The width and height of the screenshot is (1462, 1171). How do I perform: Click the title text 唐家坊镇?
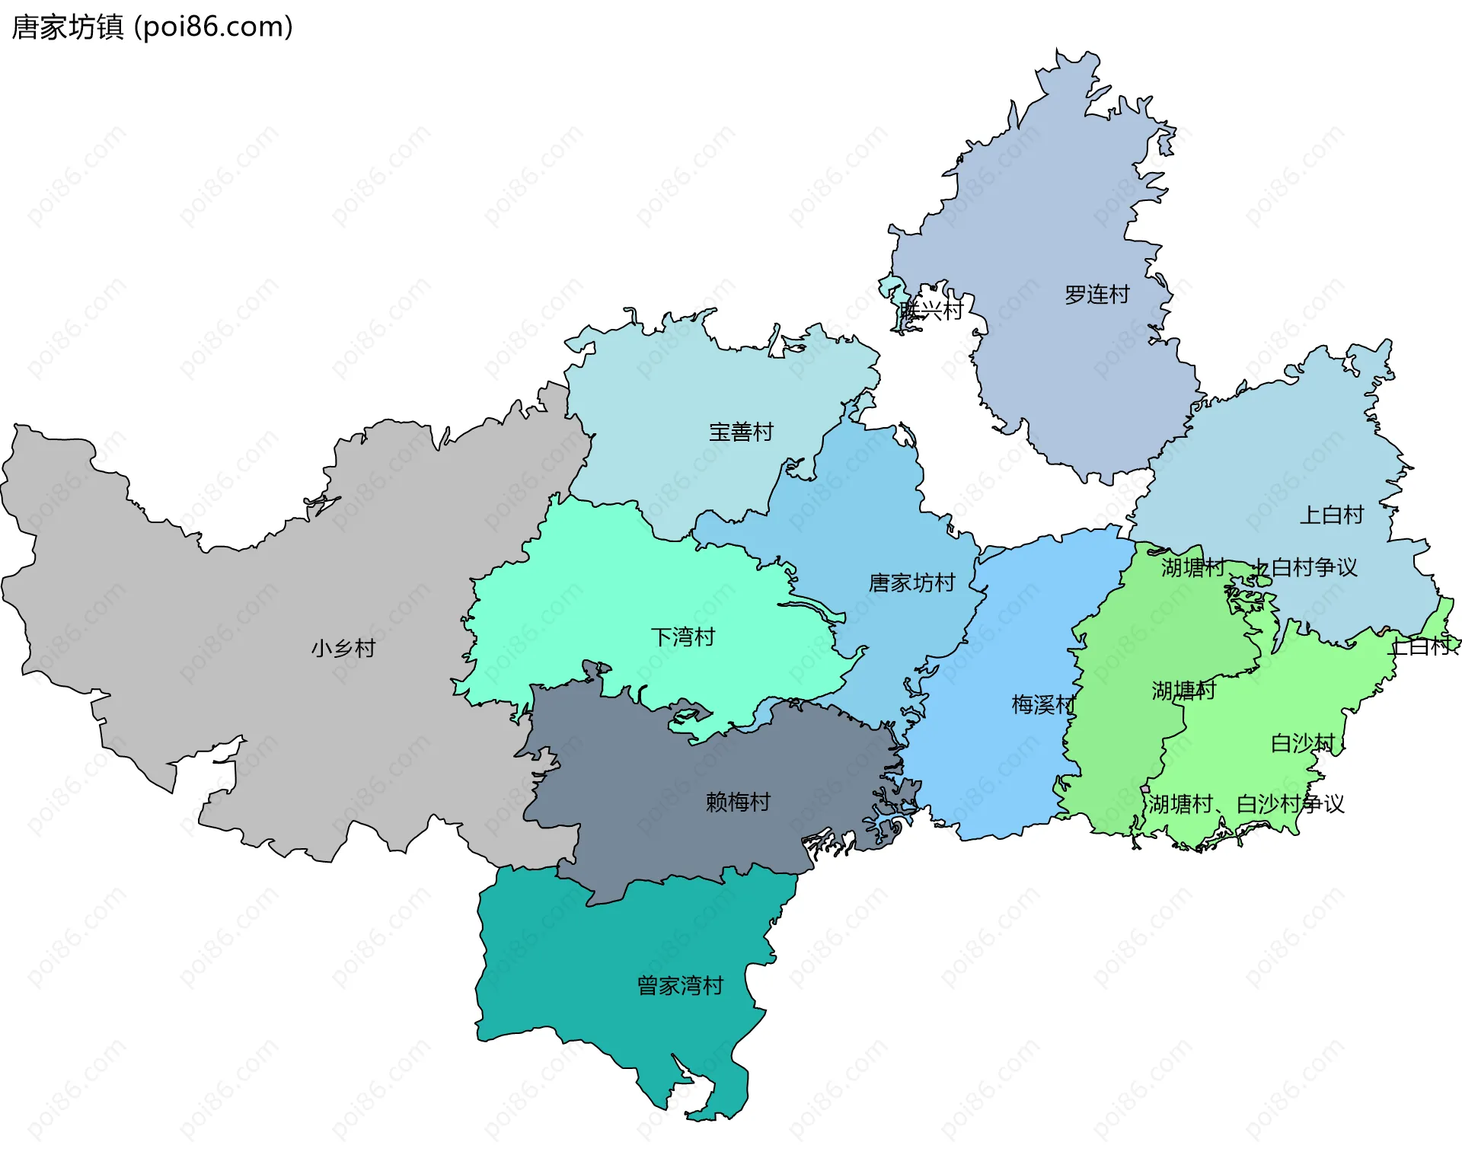point(67,27)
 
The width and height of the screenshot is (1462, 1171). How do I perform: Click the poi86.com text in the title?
point(213,27)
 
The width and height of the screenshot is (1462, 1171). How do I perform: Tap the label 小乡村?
point(343,648)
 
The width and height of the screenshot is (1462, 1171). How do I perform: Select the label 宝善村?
point(740,432)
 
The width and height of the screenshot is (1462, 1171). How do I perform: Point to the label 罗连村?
point(1096,294)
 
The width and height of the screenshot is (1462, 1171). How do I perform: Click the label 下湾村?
point(682,637)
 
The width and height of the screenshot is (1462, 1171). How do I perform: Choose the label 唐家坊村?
point(911,582)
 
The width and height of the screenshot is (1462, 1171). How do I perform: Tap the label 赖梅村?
point(737,801)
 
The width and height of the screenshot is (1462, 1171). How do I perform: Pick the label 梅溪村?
point(1042,704)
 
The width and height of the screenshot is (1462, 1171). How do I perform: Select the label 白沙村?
point(1303,742)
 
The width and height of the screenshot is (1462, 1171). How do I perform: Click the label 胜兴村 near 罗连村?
point(931,310)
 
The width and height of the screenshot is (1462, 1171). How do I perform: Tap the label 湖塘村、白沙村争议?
point(1246,803)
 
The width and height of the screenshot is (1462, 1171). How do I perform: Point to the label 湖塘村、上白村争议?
point(1259,566)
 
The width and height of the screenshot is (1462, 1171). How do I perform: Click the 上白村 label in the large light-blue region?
point(1331,515)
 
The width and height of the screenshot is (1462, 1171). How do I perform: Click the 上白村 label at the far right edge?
point(1421,646)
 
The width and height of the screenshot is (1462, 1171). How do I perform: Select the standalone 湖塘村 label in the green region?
point(1183,690)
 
